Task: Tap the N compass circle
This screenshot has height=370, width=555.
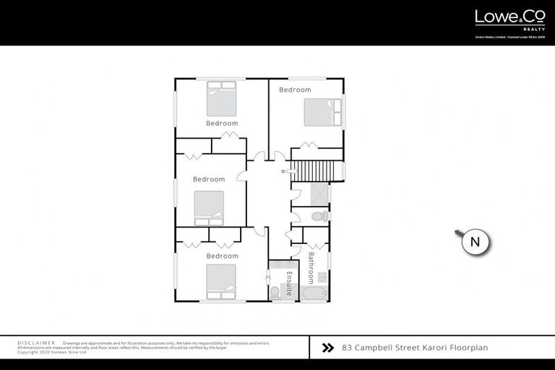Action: click(476, 242)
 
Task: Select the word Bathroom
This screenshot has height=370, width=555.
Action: click(311, 267)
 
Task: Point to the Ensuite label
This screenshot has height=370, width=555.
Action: click(288, 280)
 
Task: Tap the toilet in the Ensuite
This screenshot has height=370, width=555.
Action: click(275, 291)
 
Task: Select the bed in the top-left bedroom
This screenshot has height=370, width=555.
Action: click(222, 99)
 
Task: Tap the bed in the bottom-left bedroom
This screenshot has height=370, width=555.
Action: click(221, 281)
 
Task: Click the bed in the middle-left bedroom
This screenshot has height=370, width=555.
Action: click(210, 209)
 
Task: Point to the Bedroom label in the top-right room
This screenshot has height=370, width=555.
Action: click(295, 90)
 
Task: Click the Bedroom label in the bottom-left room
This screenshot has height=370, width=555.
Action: click(222, 256)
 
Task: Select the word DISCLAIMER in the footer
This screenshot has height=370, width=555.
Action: click(36, 343)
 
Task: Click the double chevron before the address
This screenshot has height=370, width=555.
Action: click(327, 348)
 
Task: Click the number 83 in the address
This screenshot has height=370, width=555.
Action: click(347, 348)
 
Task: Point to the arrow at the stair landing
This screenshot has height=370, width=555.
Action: click(287, 171)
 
